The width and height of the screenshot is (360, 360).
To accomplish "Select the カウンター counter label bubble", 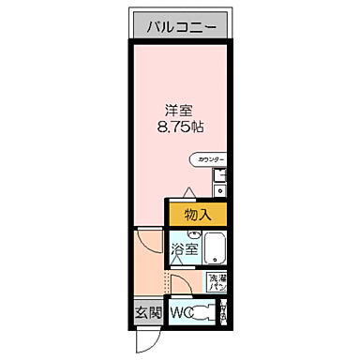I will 207,160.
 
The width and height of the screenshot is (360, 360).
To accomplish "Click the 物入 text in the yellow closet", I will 198,215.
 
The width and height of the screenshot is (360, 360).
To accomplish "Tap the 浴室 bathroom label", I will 185,249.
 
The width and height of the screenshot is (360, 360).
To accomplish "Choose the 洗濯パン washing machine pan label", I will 217,283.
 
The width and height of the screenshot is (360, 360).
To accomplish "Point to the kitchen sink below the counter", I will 219,175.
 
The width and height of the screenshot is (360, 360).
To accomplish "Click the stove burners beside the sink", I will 219,190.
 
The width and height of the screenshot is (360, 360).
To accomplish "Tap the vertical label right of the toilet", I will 224,313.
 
